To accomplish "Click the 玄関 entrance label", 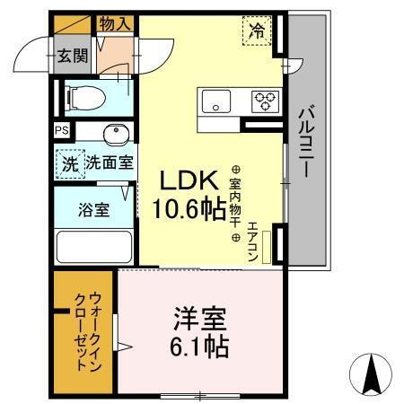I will [x=74, y=57].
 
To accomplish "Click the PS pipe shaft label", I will [x=60, y=131].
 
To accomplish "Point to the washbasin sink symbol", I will [x=115, y=135].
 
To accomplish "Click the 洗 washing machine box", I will [x=69, y=164].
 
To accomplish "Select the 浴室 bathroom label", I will [x=93, y=211].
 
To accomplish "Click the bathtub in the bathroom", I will [x=93, y=248].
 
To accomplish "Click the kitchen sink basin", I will [x=216, y=101].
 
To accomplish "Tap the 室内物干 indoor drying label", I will [x=236, y=203].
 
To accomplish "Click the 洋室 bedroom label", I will [x=199, y=319].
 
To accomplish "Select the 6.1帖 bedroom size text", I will [x=199, y=346].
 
